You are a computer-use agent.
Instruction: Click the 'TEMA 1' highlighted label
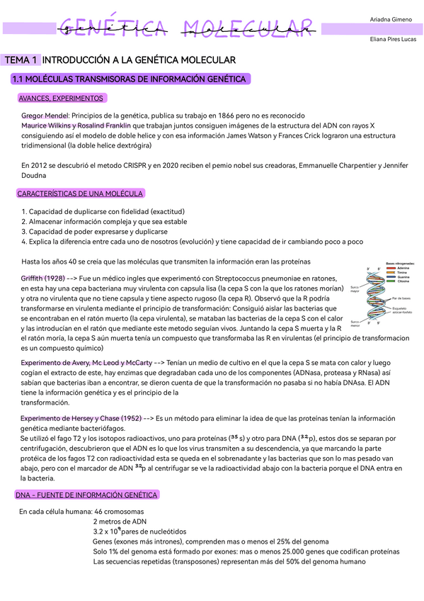coord(21,61)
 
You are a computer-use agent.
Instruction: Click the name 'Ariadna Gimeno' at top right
coord(390,18)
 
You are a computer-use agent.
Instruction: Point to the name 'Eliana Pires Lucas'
coord(393,40)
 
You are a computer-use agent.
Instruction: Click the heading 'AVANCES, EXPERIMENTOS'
coord(61,98)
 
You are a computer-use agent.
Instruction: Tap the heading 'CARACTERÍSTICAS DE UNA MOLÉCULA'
coord(80,193)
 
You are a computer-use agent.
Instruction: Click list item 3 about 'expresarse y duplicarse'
coord(95,231)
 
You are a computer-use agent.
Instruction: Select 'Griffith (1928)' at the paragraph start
coord(43,279)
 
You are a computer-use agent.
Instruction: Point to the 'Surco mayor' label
coord(355,289)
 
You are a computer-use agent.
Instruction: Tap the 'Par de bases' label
coord(401,298)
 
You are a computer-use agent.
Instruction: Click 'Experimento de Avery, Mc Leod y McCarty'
coord(86,363)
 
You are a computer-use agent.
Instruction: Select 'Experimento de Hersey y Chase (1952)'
coord(81,419)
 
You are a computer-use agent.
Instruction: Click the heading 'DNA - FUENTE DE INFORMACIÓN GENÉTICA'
coord(87,495)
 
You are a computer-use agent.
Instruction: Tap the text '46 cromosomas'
coord(119,511)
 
